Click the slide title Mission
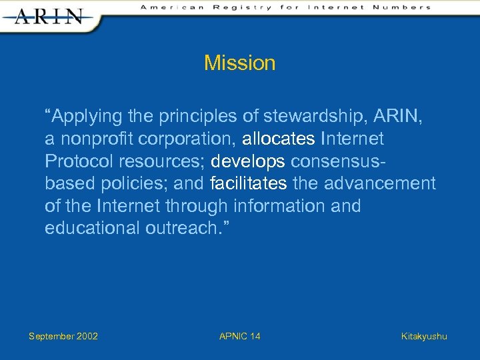pyautogui.click(x=239, y=63)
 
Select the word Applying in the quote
pyautogui.click(x=83, y=117)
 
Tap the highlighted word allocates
pyautogui.click(x=279, y=139)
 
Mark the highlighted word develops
pyautogui.click(x=247, y=161)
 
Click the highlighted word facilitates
pyautogui.click(x=248, y=183)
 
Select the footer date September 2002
pyautogui.click(x=63, y=336)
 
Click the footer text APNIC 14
pyautogui.click(x=239, y=336)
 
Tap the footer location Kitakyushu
pyautogui.click(x=424, y=336)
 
